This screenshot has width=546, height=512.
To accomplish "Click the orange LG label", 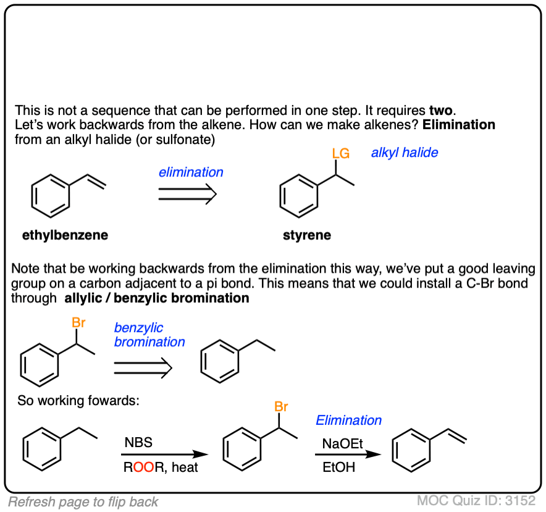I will pos(340,152).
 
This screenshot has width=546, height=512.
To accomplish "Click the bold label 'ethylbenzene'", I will pos(65,235).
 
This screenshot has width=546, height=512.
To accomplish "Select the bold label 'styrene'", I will pos(307,235).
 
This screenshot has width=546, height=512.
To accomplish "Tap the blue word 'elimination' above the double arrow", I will pos(191,173).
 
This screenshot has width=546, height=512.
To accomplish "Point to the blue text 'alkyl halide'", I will pos(405,153).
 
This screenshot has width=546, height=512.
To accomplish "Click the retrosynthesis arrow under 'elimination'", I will pos(187,195).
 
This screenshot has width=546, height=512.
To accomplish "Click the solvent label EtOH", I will pos(339,467).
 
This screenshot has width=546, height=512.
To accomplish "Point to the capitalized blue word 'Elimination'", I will pos(349,420).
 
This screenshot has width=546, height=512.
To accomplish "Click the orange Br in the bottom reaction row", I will pos(281,407).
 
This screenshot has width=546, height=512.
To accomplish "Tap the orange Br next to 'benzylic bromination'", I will pos(78,322).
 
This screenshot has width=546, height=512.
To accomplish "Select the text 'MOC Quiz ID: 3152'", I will pos(476,501).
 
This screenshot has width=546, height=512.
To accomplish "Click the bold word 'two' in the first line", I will pos(442,111).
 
